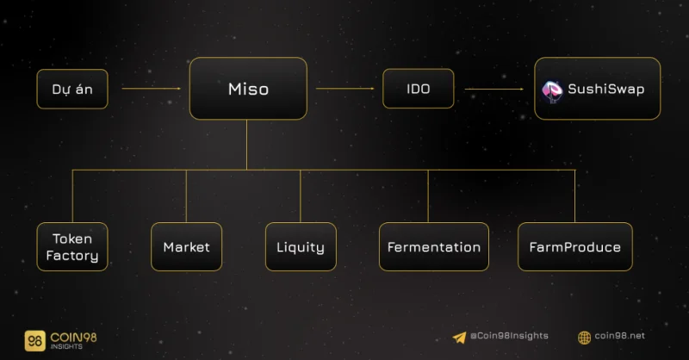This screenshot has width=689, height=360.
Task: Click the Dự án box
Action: point(72,89)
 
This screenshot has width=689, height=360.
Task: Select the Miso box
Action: point(248,89)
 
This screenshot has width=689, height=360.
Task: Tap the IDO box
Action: point(418,89)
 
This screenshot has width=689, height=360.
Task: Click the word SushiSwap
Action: point(606,89)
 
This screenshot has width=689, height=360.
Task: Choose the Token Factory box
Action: point(72,246)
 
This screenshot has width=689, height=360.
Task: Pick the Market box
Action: point(186,246)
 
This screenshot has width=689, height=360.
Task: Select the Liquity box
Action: point(301,246)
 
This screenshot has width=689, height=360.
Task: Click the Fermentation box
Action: point(434,246)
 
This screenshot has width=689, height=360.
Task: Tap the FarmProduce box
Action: point(574,246)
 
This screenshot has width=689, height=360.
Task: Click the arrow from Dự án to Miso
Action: point(152,89)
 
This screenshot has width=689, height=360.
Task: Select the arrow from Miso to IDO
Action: point(345,89)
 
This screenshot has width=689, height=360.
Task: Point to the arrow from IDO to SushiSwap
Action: point(493,89)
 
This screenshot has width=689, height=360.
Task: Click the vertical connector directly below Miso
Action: point(246,145)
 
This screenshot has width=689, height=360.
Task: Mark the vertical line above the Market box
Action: point(186,196)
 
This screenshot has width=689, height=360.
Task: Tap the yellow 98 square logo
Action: point(34,341)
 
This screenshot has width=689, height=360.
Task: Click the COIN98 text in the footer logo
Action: point(73,337)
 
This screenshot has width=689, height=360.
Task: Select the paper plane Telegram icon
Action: point(459,337)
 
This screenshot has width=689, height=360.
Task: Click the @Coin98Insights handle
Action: point(509,336)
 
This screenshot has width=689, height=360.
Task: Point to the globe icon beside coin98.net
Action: point(584,338)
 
